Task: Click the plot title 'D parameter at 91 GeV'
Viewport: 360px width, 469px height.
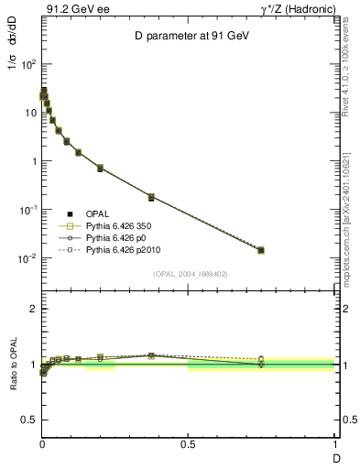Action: pos(188,36)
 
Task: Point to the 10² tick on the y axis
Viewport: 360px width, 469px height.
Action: pos(27,64)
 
